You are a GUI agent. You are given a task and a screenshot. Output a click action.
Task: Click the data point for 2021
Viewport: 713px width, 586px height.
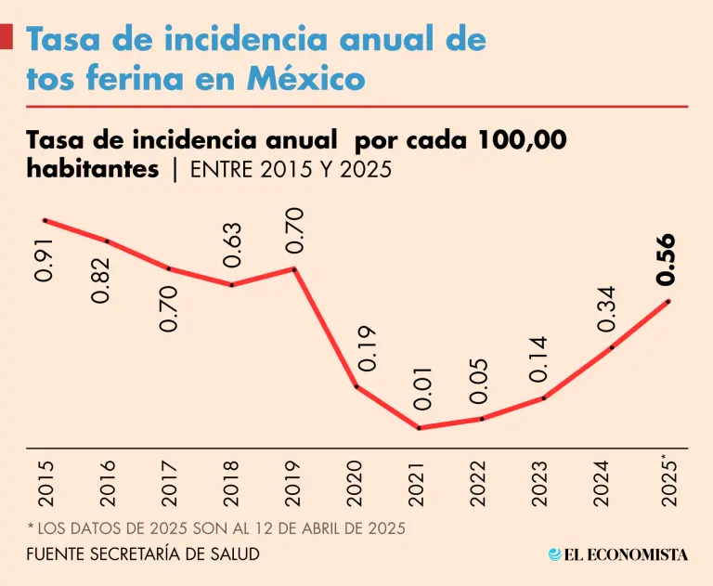click(x=420, y=428)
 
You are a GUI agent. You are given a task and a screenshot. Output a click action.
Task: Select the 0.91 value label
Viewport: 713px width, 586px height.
click(x=45, y=259)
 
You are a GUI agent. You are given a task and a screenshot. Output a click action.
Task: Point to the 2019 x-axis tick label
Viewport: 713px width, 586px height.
click(x=294, y=481)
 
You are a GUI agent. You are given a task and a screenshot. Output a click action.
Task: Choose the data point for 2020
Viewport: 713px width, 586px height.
click(x=356, y=386)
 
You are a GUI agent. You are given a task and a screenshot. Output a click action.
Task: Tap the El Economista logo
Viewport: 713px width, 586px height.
click(x=617, y=554)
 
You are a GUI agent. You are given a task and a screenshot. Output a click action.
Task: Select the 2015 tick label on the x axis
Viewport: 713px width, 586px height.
click(x=45, y=481)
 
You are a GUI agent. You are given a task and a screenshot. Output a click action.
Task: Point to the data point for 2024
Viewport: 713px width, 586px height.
click(x=612, y=347)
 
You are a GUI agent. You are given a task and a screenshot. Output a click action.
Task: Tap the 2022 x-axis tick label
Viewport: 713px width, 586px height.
click(x=481, y=481)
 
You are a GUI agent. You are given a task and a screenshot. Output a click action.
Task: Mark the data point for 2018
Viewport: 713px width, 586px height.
click(x=232, y=284)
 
